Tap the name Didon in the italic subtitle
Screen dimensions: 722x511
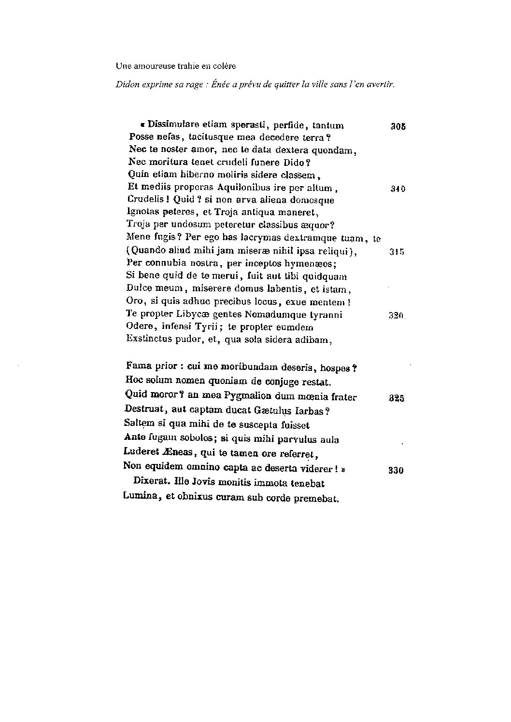[126, 84]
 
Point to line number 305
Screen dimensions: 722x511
[398, 127]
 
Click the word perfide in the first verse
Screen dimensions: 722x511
[289, 125]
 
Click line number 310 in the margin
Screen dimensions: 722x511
[398, 189]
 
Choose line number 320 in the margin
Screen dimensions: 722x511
[396, 316]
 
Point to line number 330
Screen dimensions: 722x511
[396, 471]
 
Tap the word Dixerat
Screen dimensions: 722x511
[151, 483]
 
